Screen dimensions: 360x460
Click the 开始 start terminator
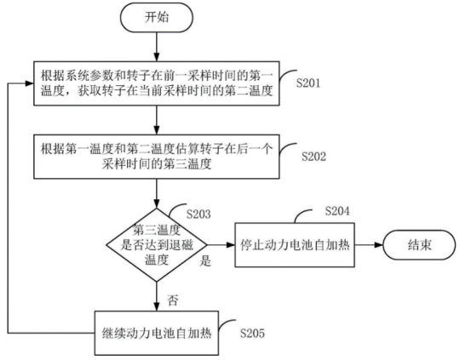pos(157,16)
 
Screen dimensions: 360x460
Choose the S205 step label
pos(255,329)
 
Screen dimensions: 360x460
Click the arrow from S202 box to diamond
pos(157,193)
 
